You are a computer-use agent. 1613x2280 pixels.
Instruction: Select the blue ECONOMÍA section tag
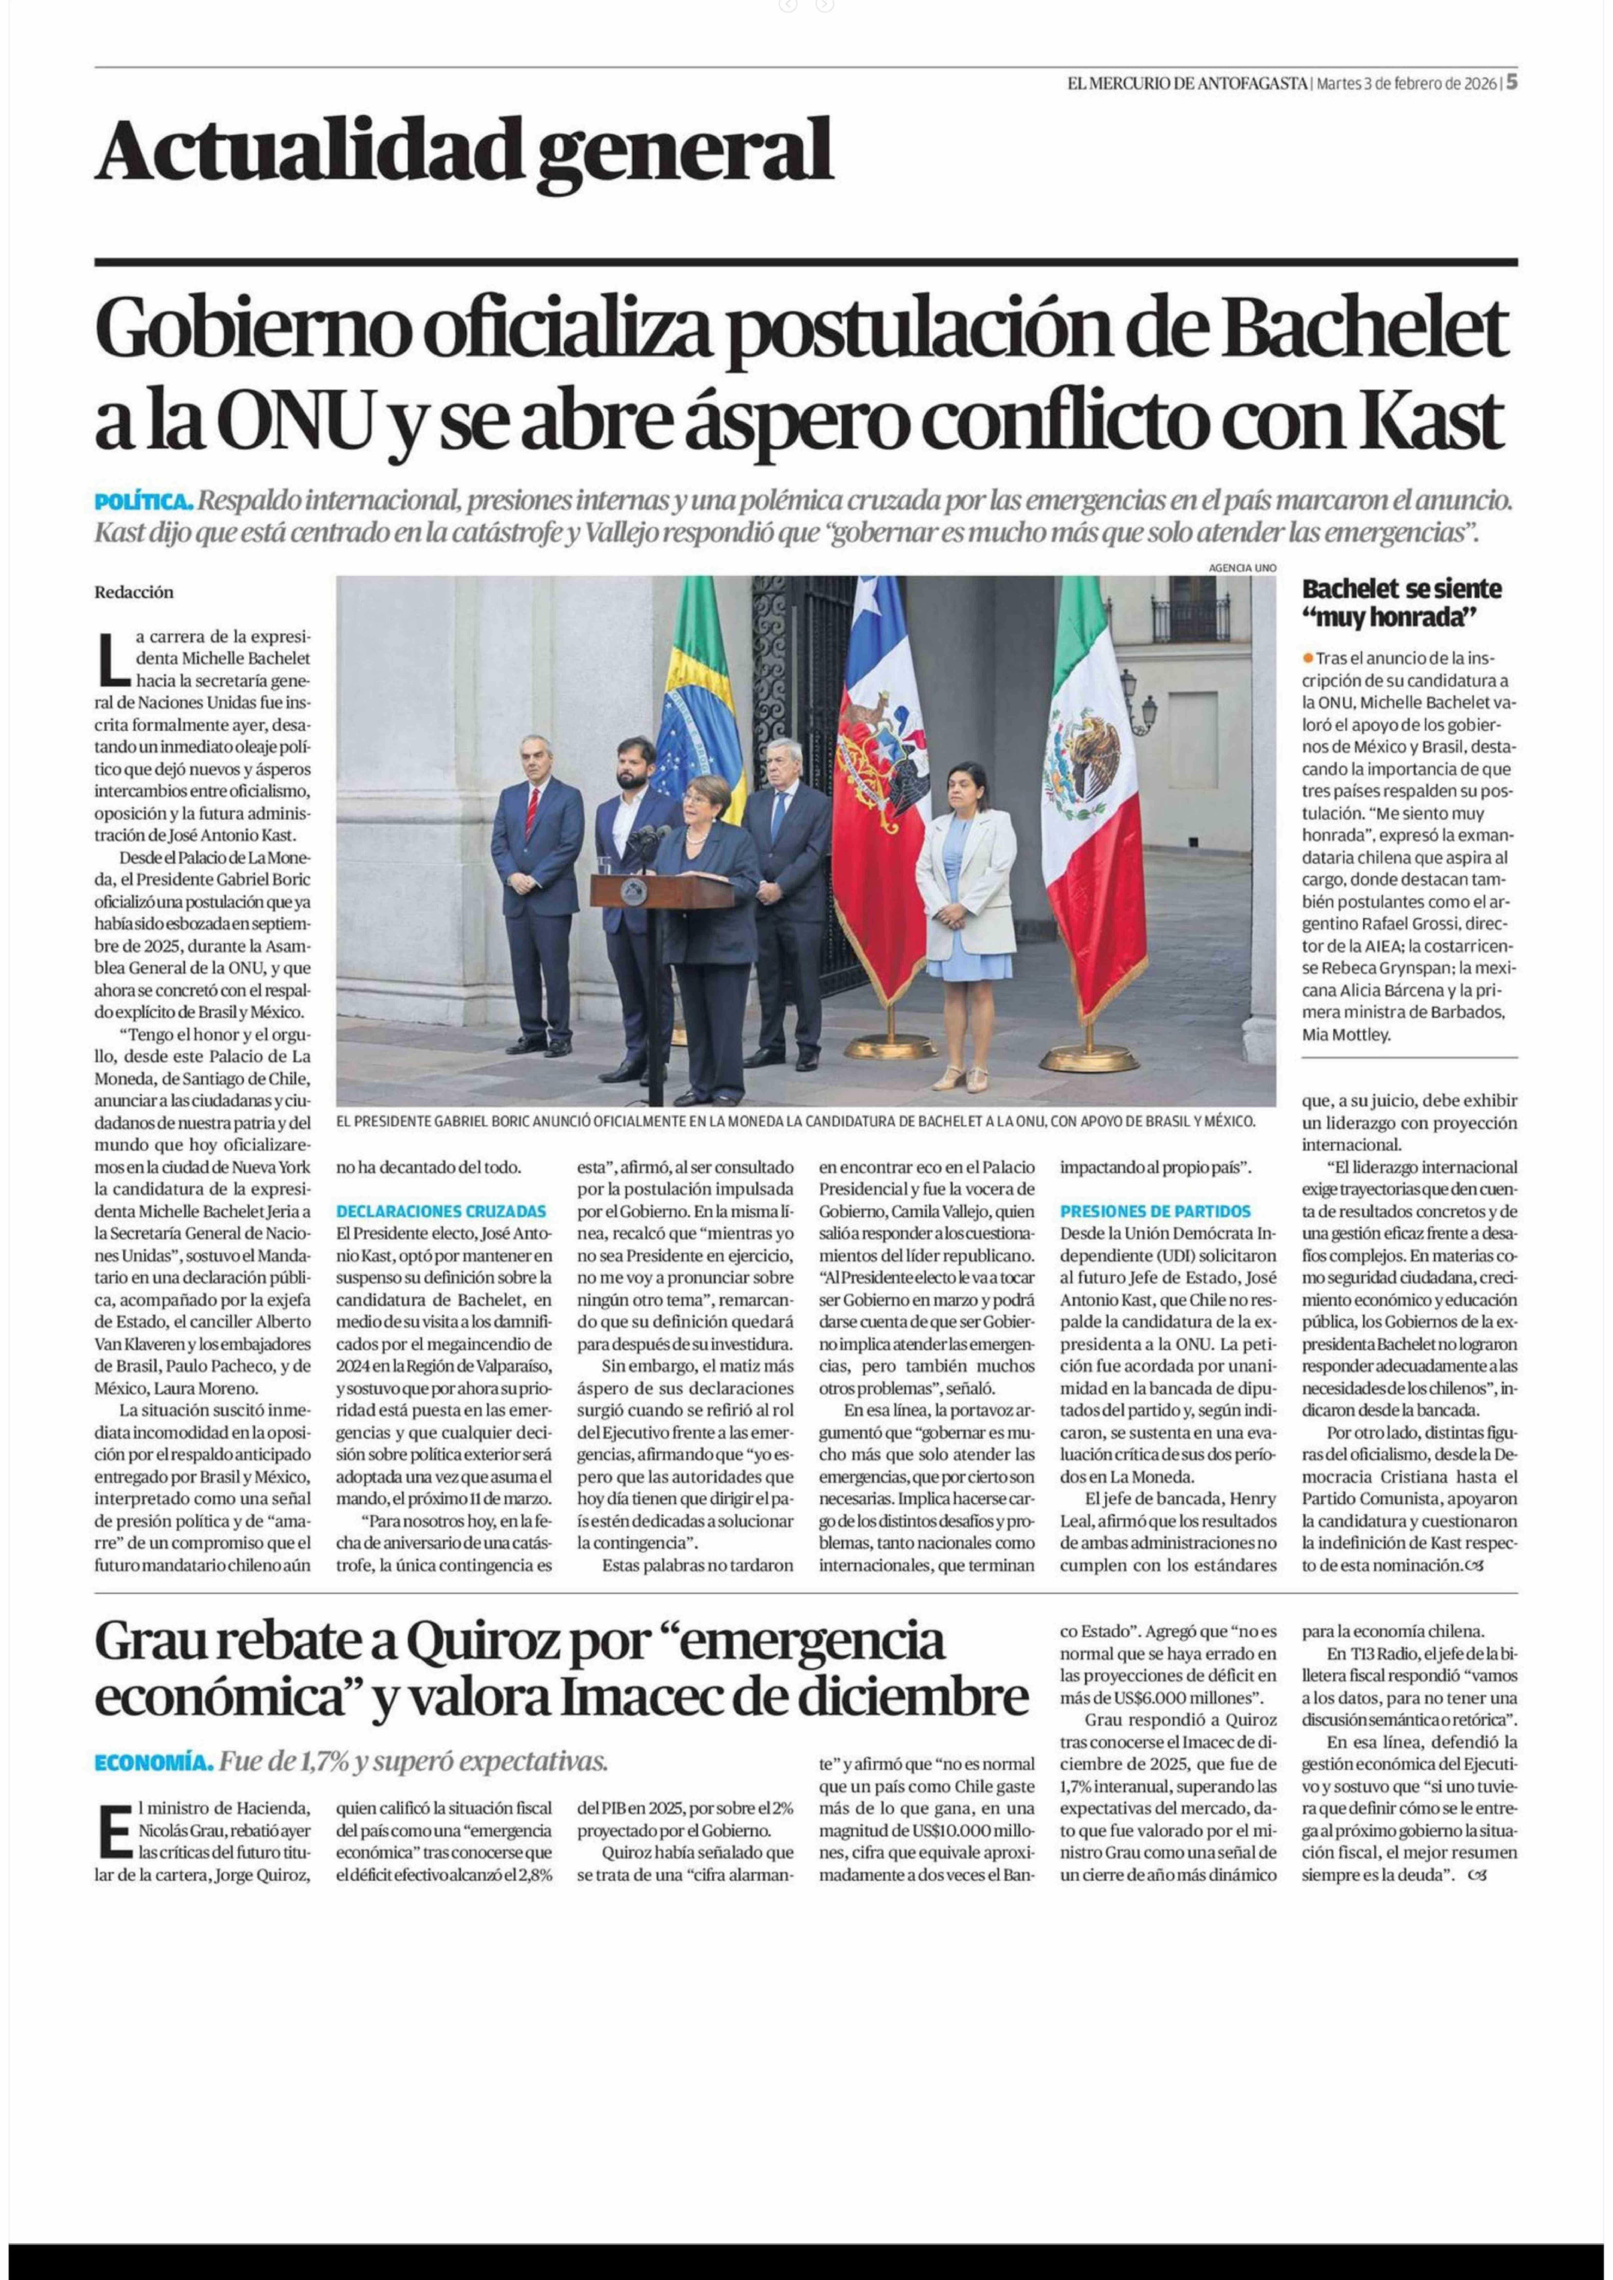click(x=154, y=1763)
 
